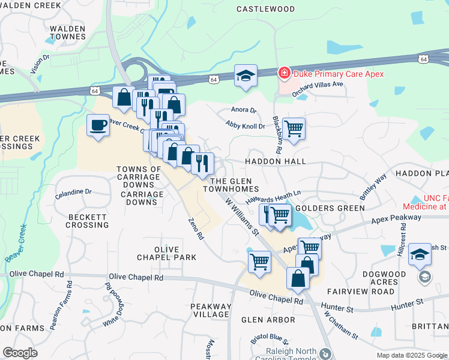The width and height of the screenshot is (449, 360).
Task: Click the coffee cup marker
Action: pos(98,125)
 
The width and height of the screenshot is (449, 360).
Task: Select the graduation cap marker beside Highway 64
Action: pos(246,76)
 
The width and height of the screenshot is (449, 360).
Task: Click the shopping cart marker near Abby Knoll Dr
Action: pos(294,128)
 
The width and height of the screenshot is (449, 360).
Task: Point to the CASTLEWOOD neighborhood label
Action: pos(266,9)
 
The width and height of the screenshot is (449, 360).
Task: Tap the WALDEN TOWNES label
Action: pos(68,32)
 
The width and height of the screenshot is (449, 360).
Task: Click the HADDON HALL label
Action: pos(276,161)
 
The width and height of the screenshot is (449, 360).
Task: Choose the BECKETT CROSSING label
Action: pos(88,220)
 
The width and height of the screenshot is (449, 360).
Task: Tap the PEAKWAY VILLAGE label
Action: pos(211,310)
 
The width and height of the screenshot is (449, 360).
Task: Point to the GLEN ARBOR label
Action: pos(268,320)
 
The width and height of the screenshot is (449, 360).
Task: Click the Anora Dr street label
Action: pos(244,110)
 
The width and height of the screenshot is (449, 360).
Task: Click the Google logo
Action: pos(20,353)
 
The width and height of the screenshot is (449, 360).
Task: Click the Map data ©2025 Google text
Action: pos(411,355)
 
